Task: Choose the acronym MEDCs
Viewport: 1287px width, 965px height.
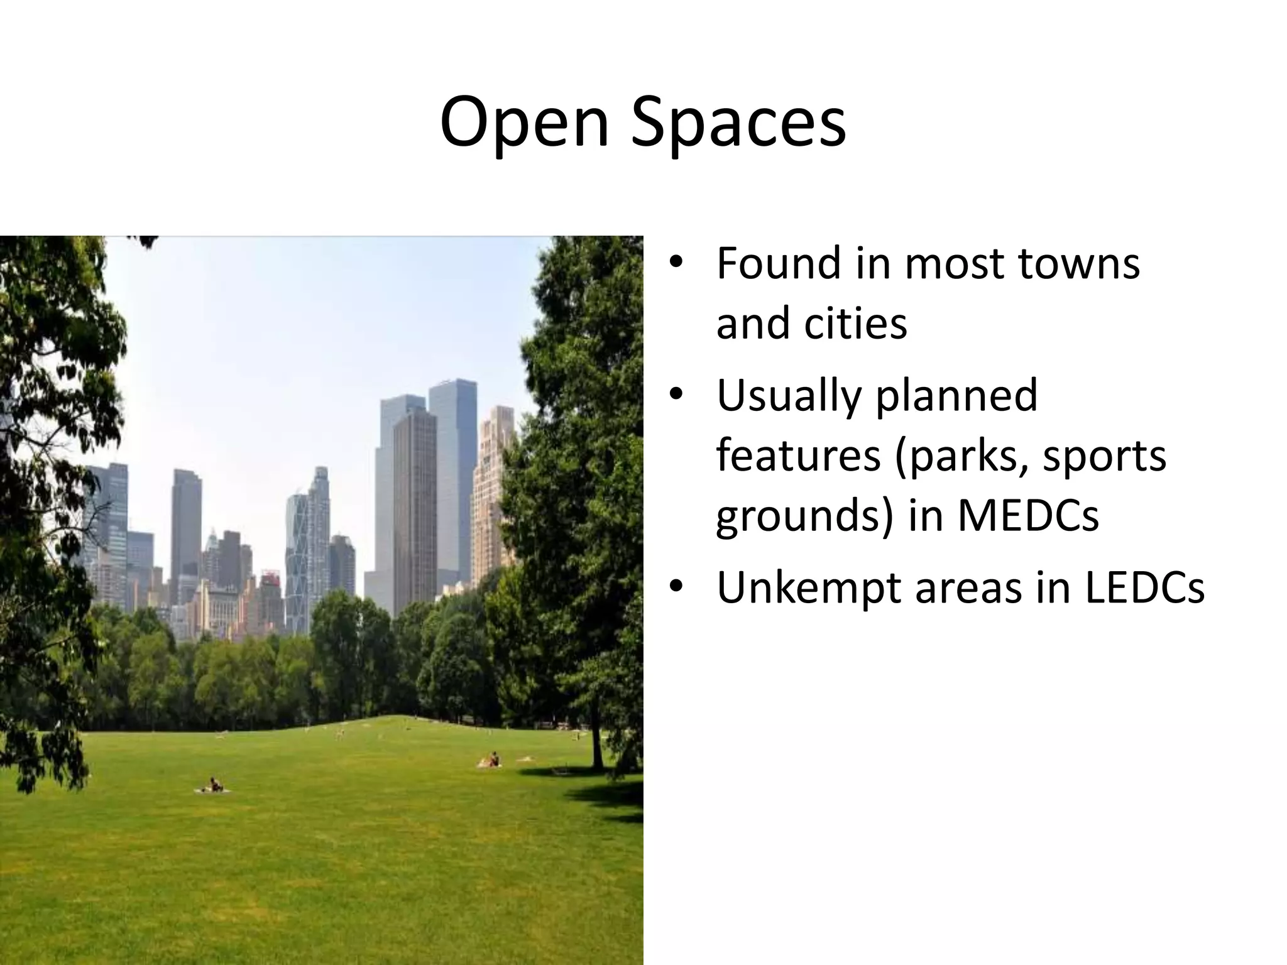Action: [x=1028, y=516]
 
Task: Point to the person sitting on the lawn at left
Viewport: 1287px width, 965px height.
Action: [x=214, y=785]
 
